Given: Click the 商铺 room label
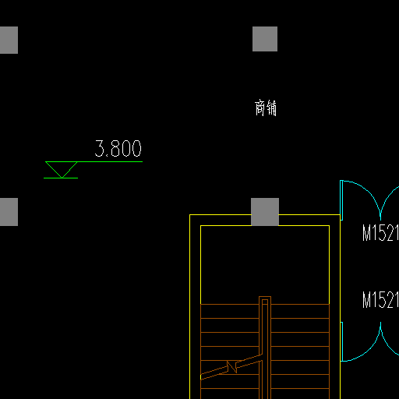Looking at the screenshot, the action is pyautogui.click(x=266, y=108).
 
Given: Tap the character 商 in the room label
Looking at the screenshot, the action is pyautogui.click(x=260, y=108).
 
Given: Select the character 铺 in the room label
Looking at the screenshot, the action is pyautogui.click(x=271, y=108).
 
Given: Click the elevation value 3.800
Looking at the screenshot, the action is pyautogui.click(x=118, y=148).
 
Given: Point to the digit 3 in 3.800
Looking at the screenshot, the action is pyautogui.click(x=99, y=148).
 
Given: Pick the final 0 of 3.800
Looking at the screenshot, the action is pyautogui.click(x=136, y=148).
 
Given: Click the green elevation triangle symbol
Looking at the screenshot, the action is pyautogui.click(x=62, y=169).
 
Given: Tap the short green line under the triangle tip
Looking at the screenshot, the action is pyautogui.click(x=61, y=178).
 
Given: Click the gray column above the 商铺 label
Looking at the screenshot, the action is pyautogui.click(x=265, y=39).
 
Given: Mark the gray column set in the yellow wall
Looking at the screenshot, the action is pyautogui.click(x=265, y=212).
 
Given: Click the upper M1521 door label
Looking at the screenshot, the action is pyautogui.click(x=380, y=233).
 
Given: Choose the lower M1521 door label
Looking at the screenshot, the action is pyautogui.click(x=380, y=299).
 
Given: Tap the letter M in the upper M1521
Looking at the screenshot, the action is pyautogui.click(x=368, y=233).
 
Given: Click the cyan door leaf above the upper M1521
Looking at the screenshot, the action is pyautogui.click(x=341, y=200).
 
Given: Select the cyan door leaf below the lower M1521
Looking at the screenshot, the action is pyautogui.click(x=341, y=341).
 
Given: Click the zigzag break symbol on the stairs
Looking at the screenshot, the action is pyautogui.click(x=231, y=367).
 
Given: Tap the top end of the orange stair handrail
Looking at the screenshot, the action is pyautogui.click(x=265, y=297).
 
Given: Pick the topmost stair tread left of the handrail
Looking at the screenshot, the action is pyautogui.click(x=230, y=304).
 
